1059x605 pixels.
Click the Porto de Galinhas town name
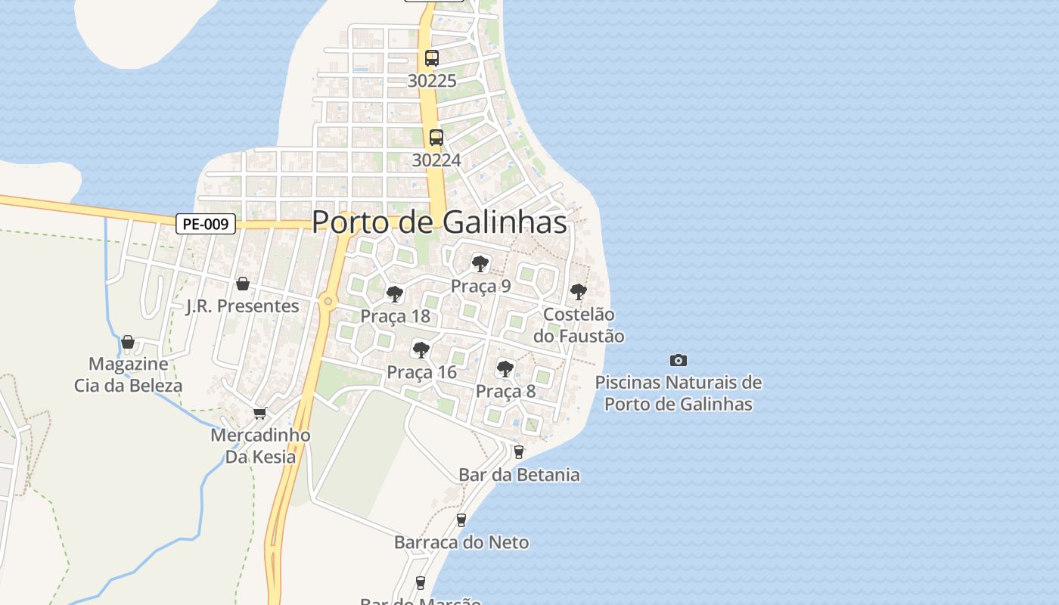point(439,222)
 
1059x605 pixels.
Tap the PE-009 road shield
point(207,224)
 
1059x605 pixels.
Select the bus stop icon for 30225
point(432,57)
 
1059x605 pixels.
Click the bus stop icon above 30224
point(436,137)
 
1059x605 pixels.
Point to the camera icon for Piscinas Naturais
point(679,360)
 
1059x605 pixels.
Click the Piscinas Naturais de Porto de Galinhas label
point(679,393)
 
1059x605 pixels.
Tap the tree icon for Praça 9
point(480,263)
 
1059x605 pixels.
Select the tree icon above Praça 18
point(394,293)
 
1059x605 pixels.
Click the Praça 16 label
point(421,372)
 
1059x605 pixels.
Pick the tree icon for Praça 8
point(505,368)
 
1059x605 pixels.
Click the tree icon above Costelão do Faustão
point(578,290)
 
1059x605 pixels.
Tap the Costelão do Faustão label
point(579,325)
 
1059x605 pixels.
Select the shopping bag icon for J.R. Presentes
point(243,284)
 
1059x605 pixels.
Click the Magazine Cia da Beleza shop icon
point(128,342)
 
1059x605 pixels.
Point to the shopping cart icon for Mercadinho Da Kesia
point(260,413)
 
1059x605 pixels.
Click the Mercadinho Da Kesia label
point(260,446)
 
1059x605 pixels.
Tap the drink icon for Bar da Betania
point(518,452)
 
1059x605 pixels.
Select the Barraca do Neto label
point(461,542)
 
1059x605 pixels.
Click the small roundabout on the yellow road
point(328,301)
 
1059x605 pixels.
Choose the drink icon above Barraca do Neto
point(461,520)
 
